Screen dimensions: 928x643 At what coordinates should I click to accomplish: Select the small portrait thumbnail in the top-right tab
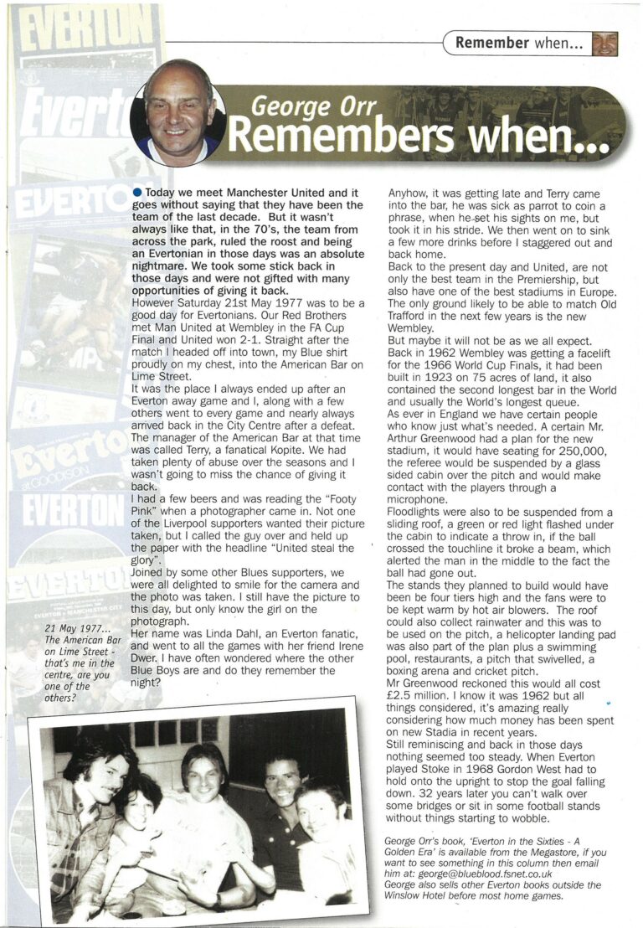(x=604, y=44)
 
